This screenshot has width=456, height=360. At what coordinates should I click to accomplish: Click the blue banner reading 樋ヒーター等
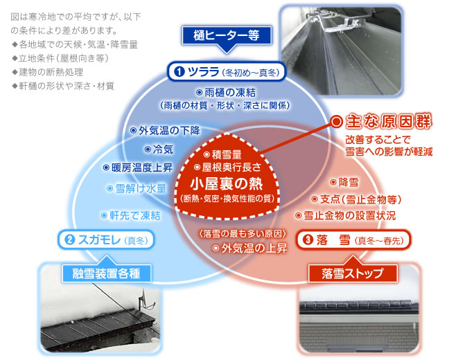227,36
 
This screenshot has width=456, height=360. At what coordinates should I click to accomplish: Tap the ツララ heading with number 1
227,72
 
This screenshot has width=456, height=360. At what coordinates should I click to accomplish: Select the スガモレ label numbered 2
106,240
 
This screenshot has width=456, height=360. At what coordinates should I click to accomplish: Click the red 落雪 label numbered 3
353,240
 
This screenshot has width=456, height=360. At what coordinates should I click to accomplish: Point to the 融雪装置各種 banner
107,273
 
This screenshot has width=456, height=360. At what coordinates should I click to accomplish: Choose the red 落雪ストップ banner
353,273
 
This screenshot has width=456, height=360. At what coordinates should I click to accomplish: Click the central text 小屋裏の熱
227,183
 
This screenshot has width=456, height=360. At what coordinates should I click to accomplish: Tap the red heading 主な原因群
389,121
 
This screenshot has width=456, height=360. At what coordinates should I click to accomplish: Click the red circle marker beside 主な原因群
337,122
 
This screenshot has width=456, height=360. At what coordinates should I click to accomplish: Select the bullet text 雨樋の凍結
227,93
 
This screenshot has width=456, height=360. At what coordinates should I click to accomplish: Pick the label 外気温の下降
165,130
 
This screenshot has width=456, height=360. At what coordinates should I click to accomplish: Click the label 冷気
159,150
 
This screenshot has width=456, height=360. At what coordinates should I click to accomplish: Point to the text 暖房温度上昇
138,168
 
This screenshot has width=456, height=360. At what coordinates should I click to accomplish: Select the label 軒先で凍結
131,215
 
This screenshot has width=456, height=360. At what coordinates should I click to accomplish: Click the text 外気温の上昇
250,248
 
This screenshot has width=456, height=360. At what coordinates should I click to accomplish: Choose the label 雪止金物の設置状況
346,215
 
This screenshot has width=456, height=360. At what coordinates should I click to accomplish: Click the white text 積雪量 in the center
222,154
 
